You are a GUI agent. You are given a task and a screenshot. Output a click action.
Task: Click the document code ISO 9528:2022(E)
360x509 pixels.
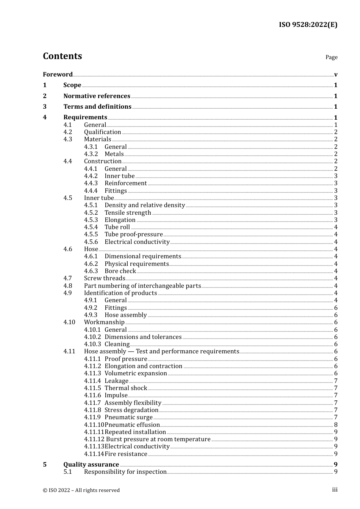(308, 25)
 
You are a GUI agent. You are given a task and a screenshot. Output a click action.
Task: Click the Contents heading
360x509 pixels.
(62, 56)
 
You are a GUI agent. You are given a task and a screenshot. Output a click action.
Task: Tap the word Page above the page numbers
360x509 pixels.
(331, 57)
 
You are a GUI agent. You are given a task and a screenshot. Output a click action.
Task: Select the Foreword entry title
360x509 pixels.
(58, 74)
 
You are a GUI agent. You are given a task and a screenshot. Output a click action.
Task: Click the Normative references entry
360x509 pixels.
(97, 96)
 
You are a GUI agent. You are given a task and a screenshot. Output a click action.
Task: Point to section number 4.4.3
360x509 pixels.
(91, 183)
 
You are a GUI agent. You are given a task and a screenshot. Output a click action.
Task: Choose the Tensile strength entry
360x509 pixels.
(128, 212)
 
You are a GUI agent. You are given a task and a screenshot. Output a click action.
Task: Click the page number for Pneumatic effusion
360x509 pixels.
(336, 425)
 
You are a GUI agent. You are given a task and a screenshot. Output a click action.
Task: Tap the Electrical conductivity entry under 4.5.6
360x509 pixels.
(137, 242)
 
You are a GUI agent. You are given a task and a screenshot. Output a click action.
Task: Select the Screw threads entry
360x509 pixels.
(104, 278)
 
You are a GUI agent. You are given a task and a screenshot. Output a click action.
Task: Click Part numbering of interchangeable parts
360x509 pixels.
(142, 286)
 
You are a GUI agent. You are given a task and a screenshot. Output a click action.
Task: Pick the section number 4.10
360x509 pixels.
(69, 322)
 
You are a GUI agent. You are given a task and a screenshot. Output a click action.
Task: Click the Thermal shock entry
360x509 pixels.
(126, 388)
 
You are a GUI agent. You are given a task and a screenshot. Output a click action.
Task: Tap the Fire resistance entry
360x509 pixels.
(126, 454)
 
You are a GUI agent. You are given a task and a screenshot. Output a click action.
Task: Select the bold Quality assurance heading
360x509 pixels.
(91, 464)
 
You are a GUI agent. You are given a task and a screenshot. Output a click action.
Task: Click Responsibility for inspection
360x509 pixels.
(125, 472)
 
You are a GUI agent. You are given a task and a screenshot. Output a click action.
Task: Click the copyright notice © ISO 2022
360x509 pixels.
(81, 490)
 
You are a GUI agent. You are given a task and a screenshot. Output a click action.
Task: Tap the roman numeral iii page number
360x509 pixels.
(335, 490)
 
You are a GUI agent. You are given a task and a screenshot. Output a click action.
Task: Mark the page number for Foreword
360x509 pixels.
(336, 74)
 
